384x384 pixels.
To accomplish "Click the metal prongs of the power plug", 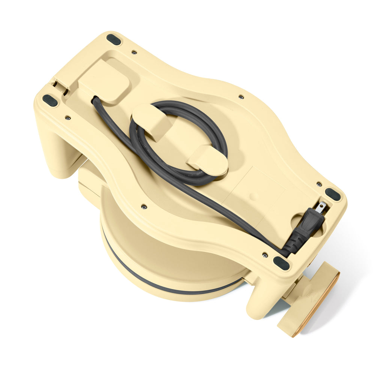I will tap(321, 207).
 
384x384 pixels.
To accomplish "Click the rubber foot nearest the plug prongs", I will tap(333, 194).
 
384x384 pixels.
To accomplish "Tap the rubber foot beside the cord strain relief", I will tap(281, 263).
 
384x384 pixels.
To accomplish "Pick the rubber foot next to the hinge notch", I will tap(50, 100).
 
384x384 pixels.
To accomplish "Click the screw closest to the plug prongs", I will tap(319, 184).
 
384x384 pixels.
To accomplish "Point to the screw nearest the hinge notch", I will tap(67, 117).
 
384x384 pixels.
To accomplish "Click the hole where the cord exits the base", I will tap(94, 100).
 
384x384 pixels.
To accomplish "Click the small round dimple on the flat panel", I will tap(254, 196).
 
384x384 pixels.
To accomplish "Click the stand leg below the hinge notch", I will tap(56, 150).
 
